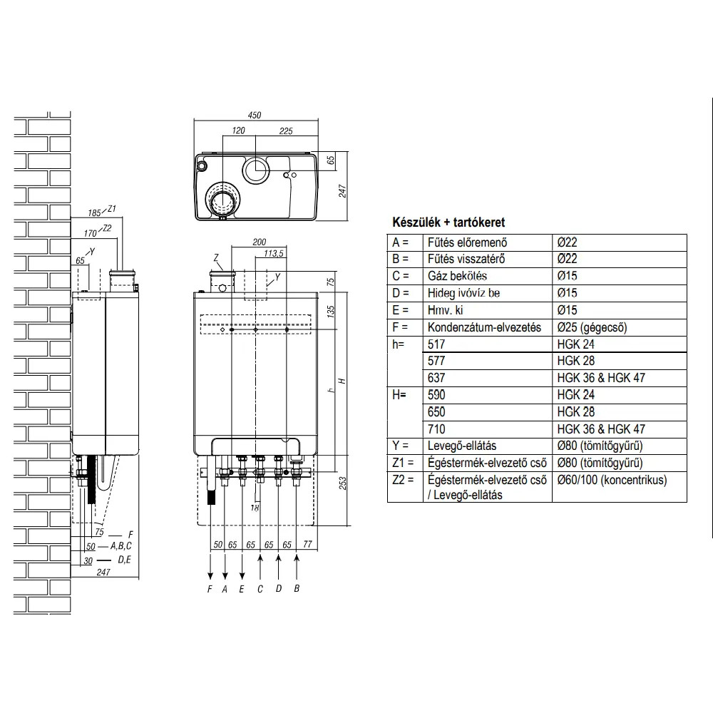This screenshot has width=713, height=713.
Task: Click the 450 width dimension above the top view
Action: (x=255, y=115)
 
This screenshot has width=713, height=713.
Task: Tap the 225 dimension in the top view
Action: (x=286, y=131)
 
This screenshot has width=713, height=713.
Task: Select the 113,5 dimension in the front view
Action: (x=274, y=253)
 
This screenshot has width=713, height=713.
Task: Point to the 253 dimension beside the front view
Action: (x=343, y=483)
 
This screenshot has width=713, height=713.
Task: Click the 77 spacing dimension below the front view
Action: (x=307, y=544)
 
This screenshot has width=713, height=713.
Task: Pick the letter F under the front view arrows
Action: (x=210, y=589)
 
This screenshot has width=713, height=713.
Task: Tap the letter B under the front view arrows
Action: (x=297, y=588)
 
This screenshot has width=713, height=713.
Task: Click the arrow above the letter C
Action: (x=260, y=567)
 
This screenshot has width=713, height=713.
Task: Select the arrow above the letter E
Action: (x=242, y=567)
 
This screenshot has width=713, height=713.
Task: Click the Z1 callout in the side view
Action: (x=111, y=209)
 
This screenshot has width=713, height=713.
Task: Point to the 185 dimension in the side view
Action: (x=94, y=212)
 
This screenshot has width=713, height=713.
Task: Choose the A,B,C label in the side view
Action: (x=121, y=545)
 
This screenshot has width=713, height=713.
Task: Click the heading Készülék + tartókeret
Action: (x=448, y=222)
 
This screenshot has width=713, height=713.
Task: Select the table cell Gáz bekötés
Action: (x=457, y=276)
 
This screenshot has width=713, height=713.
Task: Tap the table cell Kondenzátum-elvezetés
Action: (x=484, y=327)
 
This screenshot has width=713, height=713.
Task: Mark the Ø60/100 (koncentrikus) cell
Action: (x=612, y=480)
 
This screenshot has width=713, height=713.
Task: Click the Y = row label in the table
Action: (x=400, y=446)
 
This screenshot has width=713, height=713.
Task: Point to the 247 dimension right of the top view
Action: (x=343, y=191)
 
